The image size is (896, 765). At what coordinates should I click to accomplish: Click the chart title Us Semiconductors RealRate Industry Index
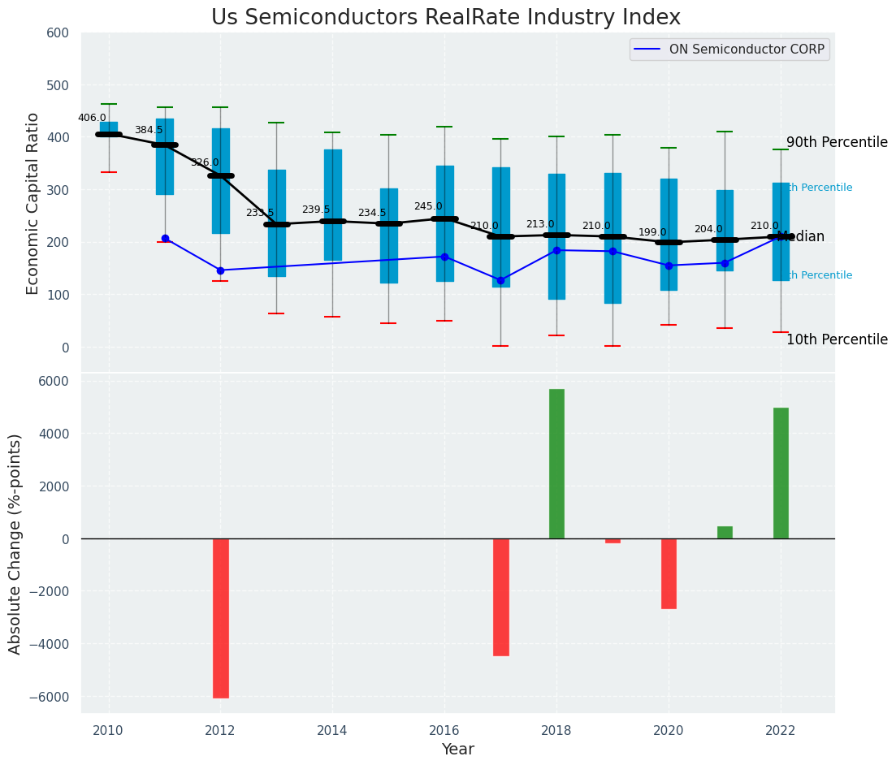pyautogui.click(x=445, y=18)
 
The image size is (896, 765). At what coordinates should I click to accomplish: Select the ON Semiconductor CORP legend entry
pyautogui.click(x=746, y=50)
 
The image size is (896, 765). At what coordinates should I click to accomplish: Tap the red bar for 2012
pyautogui.click(x=220, y=618)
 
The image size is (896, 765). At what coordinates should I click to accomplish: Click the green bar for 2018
pyautogui.click(x=556, y=464)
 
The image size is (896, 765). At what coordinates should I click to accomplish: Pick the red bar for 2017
pyautogui.click(x=500, y=597)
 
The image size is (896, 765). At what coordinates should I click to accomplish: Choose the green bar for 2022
pyautogui.click(x=781, y=473)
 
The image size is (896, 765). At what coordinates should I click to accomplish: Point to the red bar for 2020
pyautogui.click(x=669, y=573)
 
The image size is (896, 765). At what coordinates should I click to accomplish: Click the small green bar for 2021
pyautogui.click(x=725, y=533)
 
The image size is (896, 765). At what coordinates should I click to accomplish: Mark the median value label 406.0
pyautogui.click(x=92, y=118)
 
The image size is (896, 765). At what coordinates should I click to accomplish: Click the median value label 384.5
pyautogui.click(x=149, y=130)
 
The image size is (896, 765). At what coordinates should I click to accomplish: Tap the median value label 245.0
pyautogui.click(x=428, y=206)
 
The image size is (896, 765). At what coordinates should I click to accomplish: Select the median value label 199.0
pyautogui.click(x=652, y=232)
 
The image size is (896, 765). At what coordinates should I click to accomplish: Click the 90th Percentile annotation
pyautogui.click(x=837, y=142)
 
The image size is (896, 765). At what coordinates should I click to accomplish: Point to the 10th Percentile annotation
pyautogui.click(x=837, y=339)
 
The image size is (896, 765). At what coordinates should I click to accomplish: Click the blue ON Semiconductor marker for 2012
pyautogui.click(x=220, y=270)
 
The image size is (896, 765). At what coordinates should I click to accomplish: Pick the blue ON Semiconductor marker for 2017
pyautogui.click(x=500, y=280)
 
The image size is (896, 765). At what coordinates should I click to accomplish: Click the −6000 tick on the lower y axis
pyautogui.click(x=49, y=697)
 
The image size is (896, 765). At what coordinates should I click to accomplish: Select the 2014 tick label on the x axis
pyautogui.click(x=332, y=731)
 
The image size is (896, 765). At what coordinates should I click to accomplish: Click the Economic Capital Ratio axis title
pyautogui.click(x=33, y=203)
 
